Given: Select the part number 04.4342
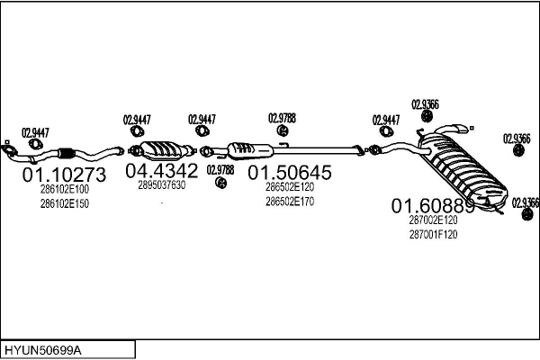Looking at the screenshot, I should pyautogui.click(x=161, y=170).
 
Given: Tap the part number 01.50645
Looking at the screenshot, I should pyautogui.click(x=290, y=171).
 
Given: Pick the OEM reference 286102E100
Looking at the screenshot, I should pyautogui.click(x=65, y=190).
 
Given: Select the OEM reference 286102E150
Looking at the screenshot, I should pyautogui.click(x=65, y=203).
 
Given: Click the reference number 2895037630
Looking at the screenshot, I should pyautogui.click(x=162, y=185).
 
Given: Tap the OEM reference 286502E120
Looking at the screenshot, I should pyautogui.click(x=290, y=187).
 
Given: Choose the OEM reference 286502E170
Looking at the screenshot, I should pyautogui.click(x=290, y=202).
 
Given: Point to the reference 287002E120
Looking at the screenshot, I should pyautogui.click(x=433, y=220).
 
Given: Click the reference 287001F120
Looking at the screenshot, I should pyautogui.click(x=433, y=235).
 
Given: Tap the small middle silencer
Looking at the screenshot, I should pyautogui.click(x=250, y=148).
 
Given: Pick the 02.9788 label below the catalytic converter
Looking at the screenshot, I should pyautogui.click(x=220, y=169).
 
